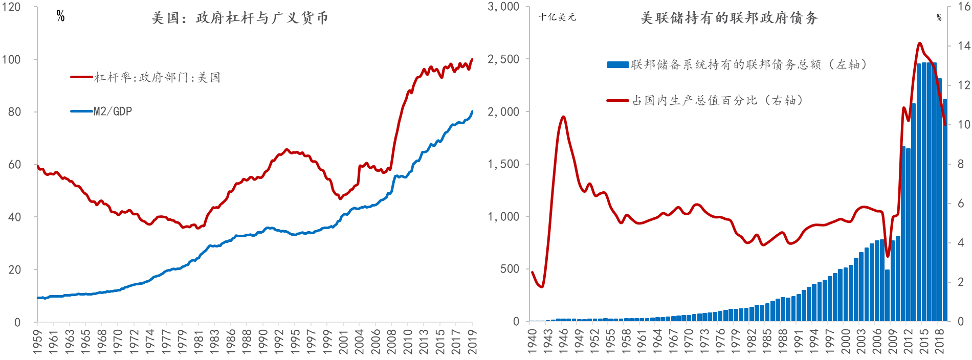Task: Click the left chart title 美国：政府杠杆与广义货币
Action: [239, 18]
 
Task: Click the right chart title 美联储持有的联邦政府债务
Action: [729, 18]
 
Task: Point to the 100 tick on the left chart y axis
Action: [11, 59]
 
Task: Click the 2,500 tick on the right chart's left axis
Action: [503, 59]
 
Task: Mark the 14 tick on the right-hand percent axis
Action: [964, 46]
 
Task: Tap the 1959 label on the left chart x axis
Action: [37, 341]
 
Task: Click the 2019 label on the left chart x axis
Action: [472, 341]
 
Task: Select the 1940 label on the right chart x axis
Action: [532, 341]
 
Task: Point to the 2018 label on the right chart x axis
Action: [940, 341]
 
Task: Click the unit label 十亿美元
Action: [557, 17]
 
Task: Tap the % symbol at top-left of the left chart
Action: [60, 16]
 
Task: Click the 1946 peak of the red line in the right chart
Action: [563, 117]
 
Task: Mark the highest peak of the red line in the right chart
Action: [920, 43]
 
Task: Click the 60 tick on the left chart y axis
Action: [14, 164]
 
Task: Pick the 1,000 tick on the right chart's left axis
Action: [503, 217]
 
